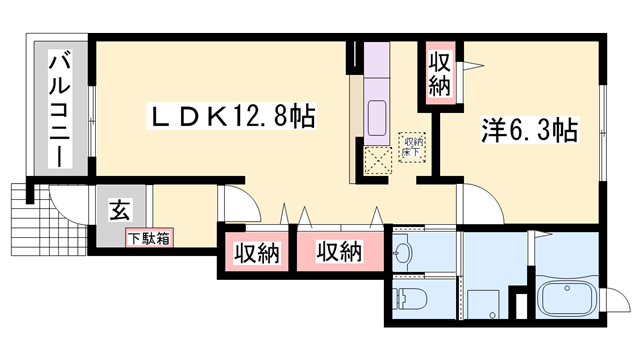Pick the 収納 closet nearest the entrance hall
(x=252, y=252)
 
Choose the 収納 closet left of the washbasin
(x=337, y=252)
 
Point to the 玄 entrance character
(x=119, y=211)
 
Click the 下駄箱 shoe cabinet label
(x=148, y=239)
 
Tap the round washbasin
(x=405, y=249)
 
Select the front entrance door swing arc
(x=70, y=206)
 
